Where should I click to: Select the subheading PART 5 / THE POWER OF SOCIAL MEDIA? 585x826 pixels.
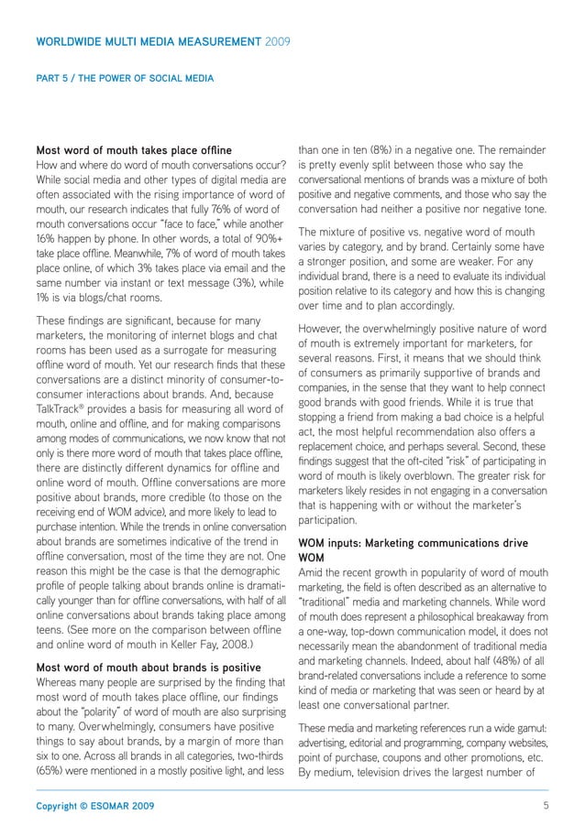[x=125, y=79]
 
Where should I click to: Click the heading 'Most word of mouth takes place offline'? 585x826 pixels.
[x=133, y=150]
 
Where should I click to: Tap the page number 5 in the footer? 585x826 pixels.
[x=545, y=805]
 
